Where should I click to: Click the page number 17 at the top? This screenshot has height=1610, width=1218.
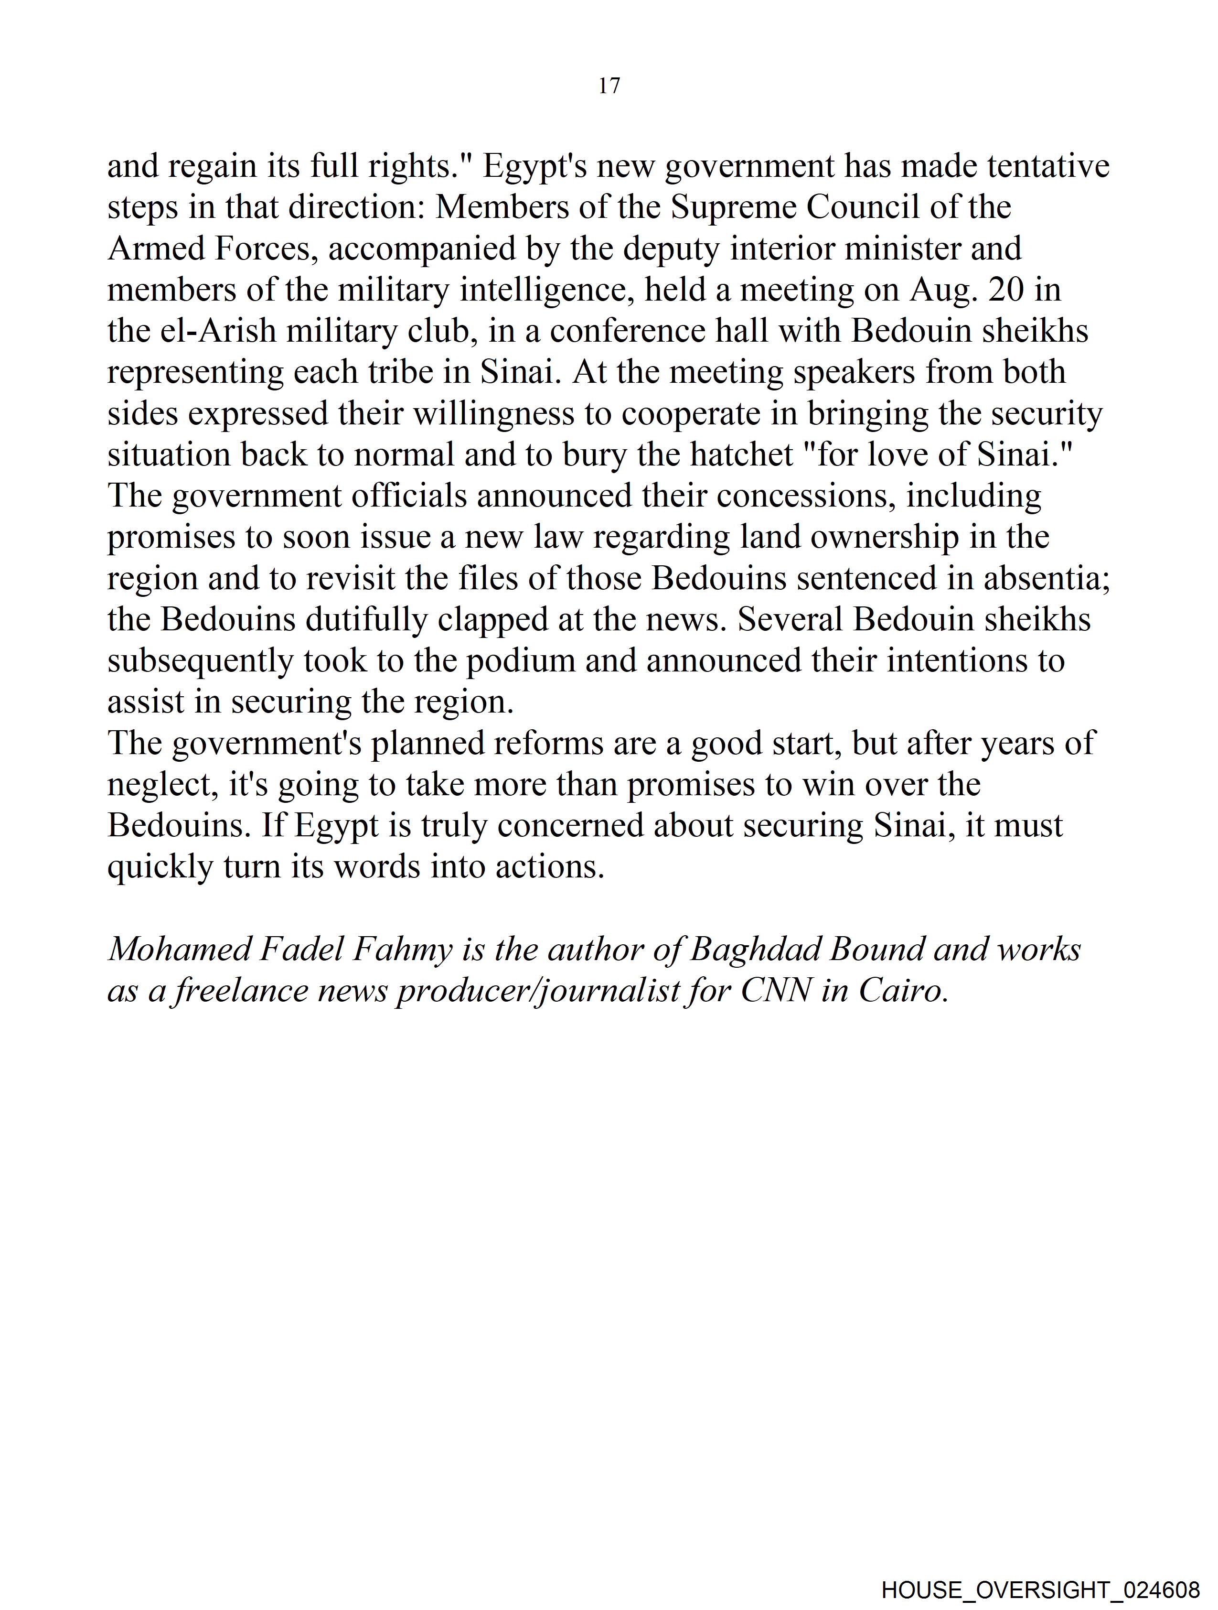tap(609, 86)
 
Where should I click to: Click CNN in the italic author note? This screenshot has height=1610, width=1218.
tap(776, 991)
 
